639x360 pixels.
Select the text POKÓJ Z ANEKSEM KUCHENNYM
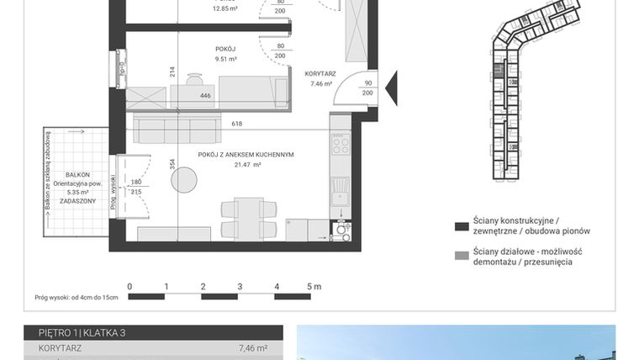[x=246, y=155]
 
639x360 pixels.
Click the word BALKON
[x=77, y=174]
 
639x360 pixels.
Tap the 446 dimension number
[x=205, y=97]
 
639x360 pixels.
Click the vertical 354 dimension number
[x=172, y=164]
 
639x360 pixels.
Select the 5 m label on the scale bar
[x=313, y=287]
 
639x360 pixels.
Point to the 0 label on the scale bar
[x=129, y=287]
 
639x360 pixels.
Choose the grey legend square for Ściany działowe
[x=460, y=256]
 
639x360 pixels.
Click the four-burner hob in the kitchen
[x=341, y=147]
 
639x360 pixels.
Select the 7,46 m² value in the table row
[x=251, y=347]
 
